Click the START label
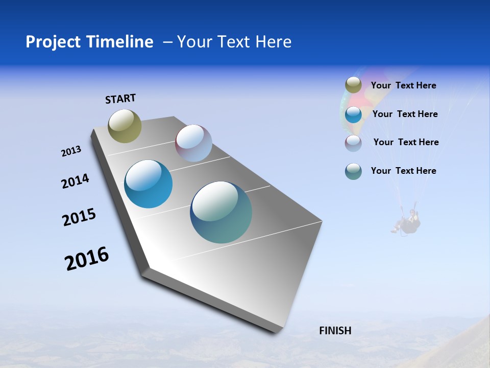120,99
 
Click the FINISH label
335,331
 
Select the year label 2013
71,151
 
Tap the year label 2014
75,181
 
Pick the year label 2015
79,217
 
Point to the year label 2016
87,259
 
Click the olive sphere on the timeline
125,126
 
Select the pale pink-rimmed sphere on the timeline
193,143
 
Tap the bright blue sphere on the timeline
149,184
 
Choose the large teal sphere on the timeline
221,212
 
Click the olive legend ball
353,85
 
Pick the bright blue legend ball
353,114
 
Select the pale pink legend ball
353,143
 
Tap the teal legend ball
353,171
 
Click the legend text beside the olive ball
403,85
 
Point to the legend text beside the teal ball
403,171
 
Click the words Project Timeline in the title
89,42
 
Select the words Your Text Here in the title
234,42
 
